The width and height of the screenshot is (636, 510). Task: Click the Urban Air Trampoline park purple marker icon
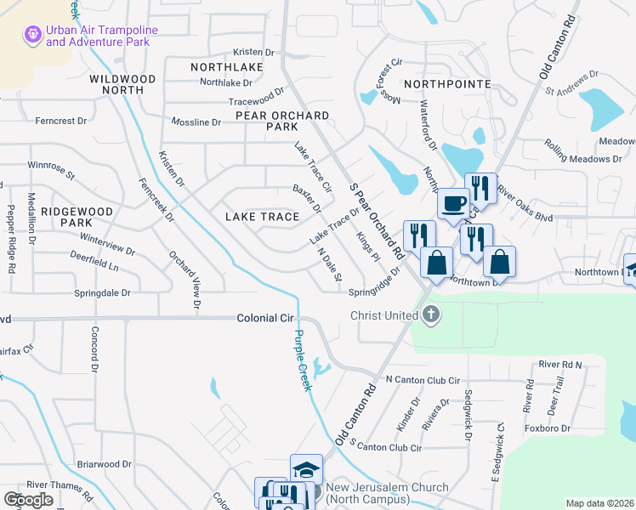pyautogui.click(x=32, y=35)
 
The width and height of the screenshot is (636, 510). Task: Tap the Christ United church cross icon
pyautogui.click(x=431, y=316)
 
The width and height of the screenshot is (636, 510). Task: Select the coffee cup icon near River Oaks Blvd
pyautogui.click(x=452, y=205)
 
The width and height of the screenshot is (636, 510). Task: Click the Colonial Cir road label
pyautogui.click(x=264, y=318)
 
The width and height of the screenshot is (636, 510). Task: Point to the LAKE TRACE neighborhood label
pyautogui.click(x=262, y=217)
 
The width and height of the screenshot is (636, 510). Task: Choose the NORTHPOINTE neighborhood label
pyautogui.click(x=447, y=84)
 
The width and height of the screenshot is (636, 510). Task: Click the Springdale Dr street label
pyautogui.click(x=103, y=292)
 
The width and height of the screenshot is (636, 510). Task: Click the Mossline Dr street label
pyautogui.click(x=196, y=122)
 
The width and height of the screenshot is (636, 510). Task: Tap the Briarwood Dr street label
pyautogui.click(x=104, y=464)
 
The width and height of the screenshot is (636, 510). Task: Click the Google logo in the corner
pyautogui.click(x=28, y=499)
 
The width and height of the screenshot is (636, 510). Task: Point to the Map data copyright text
pyautogui.click(x=600, y=503)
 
